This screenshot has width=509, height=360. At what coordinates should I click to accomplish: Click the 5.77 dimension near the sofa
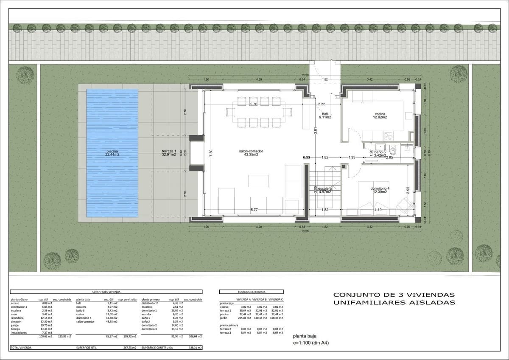tap(254, 210)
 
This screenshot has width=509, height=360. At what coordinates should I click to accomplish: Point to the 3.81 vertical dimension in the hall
tap(316, 132)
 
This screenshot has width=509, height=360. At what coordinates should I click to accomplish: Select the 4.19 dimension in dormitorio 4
tap(378, 210)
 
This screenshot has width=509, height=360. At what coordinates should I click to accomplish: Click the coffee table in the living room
tap(258, 180)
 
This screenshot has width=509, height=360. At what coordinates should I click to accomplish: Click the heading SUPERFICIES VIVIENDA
tap(106, 292)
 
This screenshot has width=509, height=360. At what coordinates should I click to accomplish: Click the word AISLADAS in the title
tap(432, 303)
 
